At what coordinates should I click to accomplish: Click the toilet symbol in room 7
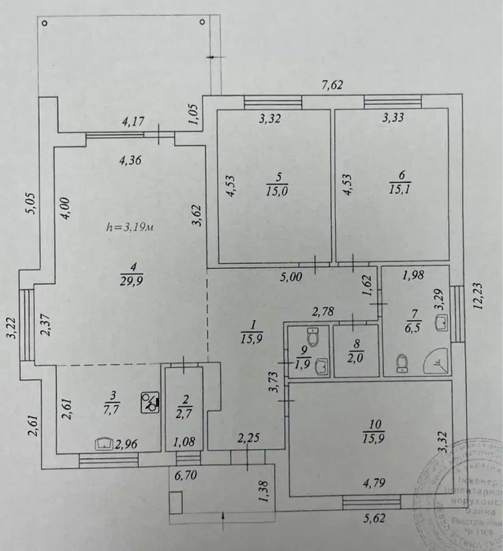(402, 363)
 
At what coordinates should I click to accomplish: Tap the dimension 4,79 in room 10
(373, 482)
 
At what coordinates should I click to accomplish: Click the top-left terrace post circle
(45, 23)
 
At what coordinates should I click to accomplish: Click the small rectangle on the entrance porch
(175, 503)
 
